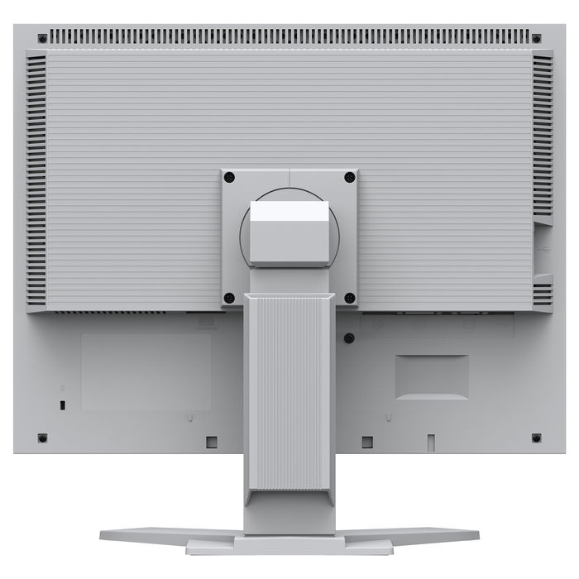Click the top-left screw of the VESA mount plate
pyautogui.click(x=230, y=177)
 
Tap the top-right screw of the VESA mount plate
pyautogui.click(x=350, y=177)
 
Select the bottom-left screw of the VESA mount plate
pyautogui.click(x=230, y=298)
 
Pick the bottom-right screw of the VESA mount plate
pyautogui.click(x=350, y=298)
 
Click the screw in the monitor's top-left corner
pyautogui.click(x=42, y=38)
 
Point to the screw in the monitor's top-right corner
pyautogui.click(x=536, y=38)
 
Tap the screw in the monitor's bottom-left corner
pyautogui.click(x=42, y=438)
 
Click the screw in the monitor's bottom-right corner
pyautogui.click(x=536, y=438)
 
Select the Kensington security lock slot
pyautogui.click(x=64, y=404)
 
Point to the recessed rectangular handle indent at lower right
pyautogui.click(x=431, y=377)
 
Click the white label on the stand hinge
pyautogui.click(x=289, y=211)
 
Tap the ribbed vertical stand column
pyautogui.click(x=289, y=389)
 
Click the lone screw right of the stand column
pyautogui.click(x=349, y=337)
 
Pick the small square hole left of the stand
pyautogui.click(x=211, y=442)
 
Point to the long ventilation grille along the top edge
pyautogui.click(x=289, y=36)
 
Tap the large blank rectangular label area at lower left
pyautogui.click(x=146, y=372)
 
